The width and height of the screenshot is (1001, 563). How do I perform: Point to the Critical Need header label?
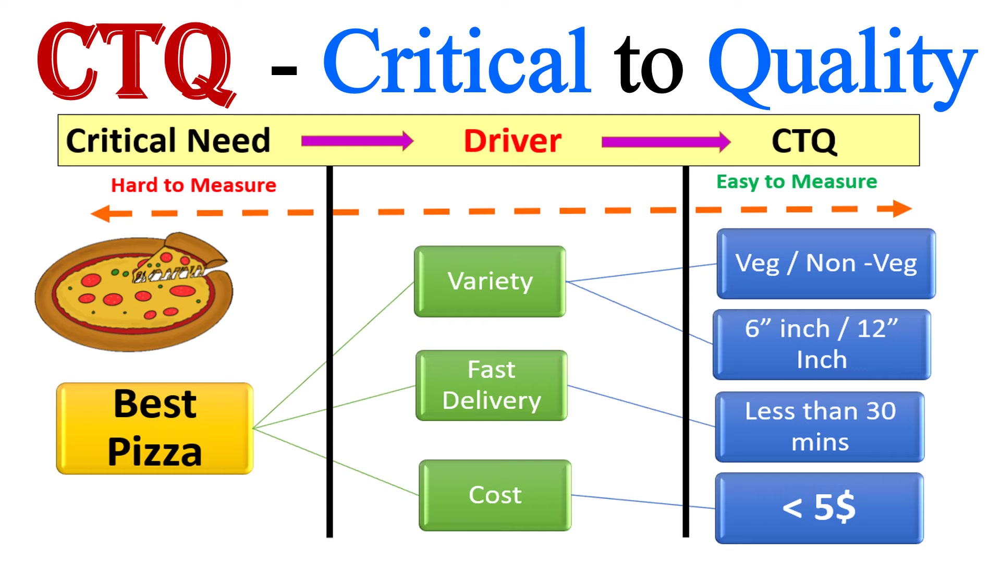point(168,141)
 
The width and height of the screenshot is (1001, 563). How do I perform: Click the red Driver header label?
point(512,141)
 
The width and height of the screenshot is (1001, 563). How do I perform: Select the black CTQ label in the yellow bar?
point(804,141)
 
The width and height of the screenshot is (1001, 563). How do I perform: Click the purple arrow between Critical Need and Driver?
point(357,141)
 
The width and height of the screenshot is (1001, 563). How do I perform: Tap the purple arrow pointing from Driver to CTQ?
point(666,142)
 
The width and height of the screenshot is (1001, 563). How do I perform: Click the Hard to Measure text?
point(193,186)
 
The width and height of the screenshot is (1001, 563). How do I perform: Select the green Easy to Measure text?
point(796,182)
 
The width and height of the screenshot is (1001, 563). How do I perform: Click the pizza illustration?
point(134,291)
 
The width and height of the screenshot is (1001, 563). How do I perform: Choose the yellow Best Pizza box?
point(155,429)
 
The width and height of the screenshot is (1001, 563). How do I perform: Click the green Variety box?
point(490,281)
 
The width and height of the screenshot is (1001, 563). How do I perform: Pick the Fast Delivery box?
point(491,386)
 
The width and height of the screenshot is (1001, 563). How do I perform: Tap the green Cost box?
point(495,495)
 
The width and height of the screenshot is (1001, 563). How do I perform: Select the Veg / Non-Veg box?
point(826,264)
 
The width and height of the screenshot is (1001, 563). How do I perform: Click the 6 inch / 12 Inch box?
point(822,345)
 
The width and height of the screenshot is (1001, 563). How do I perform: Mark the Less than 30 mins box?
point(820,427)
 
